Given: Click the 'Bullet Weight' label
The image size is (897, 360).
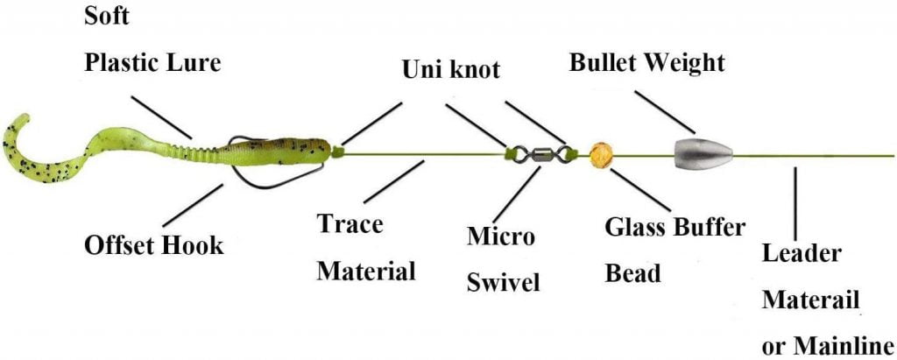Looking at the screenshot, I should coord(647,63).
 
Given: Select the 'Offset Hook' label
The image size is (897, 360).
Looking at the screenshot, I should coord(154,245).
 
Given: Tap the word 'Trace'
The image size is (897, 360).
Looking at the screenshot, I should coord(350,224).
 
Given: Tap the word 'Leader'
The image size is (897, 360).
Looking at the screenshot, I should coord(802,254).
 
